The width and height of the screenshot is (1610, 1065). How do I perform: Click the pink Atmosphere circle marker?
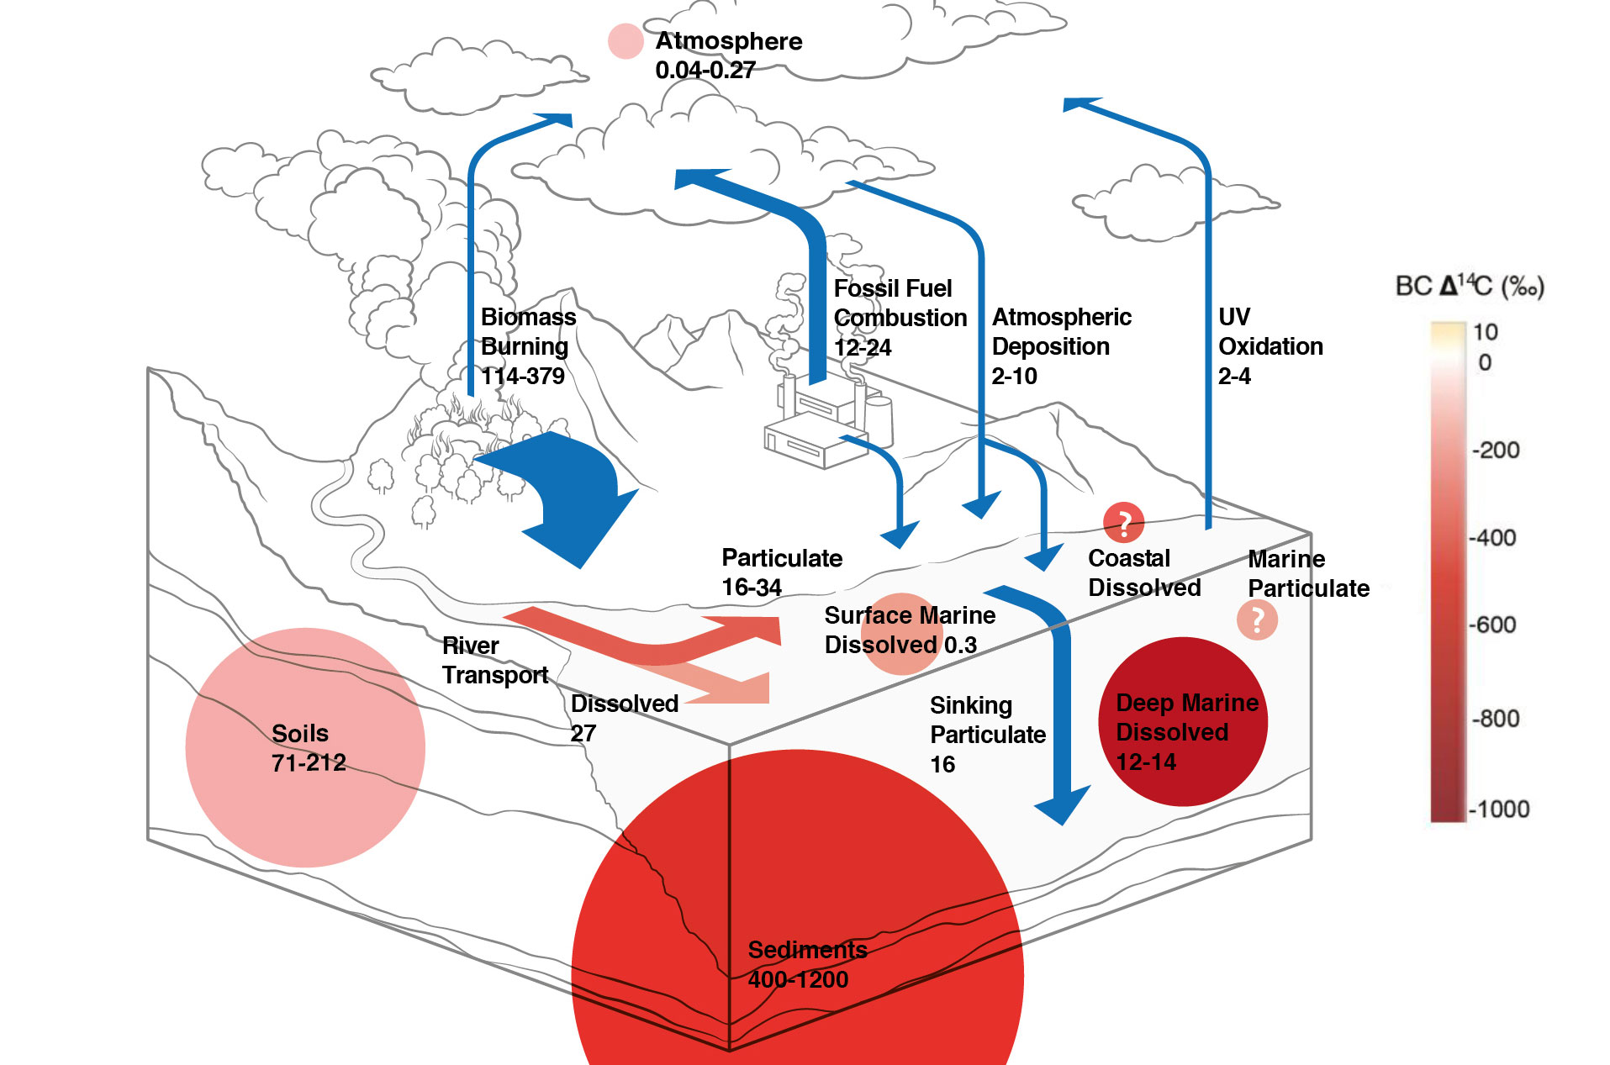[x=625, y=41]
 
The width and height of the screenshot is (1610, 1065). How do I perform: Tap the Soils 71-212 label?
[x=308, y=747]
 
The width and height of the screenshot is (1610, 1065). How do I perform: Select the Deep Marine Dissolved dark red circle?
[x=1182, y=721]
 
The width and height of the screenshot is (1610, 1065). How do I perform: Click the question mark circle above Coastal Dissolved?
[x=1124, y=523]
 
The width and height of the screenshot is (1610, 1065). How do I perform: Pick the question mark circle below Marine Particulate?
[x=1257, y=620]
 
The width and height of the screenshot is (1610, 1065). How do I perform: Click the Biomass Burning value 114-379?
[x=522, y=376]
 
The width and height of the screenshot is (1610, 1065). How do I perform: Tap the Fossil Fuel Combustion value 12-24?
[x=862, y=347]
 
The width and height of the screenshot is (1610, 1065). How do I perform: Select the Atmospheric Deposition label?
[x=1061, y=331]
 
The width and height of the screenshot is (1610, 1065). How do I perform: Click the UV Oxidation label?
[x=1270, y=331]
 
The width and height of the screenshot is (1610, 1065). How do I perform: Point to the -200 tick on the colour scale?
[x=1495, y=450]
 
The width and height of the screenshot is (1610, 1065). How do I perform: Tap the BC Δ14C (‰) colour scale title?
[x=1469, y=287]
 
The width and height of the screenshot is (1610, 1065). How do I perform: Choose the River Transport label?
[x=494, y=660]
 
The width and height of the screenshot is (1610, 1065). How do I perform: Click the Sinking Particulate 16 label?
[x=987, y=734]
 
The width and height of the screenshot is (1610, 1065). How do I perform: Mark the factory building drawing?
[x=820, y=424]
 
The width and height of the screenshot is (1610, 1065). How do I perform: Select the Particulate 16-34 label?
[x=781, y=572]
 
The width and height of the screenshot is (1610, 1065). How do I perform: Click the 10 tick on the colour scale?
[x=1486, y=332]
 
